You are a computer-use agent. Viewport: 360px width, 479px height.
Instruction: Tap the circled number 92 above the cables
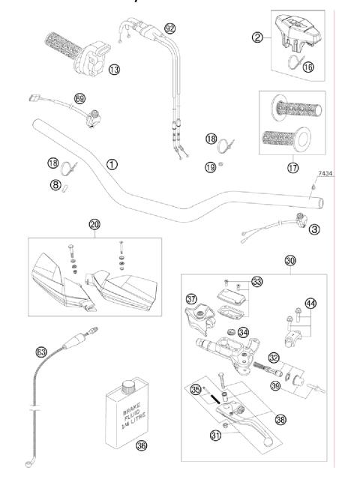169,28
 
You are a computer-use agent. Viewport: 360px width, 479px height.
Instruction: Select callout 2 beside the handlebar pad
257,37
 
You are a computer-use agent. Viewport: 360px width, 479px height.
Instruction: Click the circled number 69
80,98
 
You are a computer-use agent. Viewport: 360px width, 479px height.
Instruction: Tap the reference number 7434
325,173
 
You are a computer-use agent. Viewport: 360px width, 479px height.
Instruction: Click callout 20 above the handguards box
94,224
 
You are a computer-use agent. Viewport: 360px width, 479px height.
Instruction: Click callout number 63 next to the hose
40,350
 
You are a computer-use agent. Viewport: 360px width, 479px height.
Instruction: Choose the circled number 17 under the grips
293,167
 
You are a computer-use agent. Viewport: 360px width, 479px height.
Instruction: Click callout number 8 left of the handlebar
55,183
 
